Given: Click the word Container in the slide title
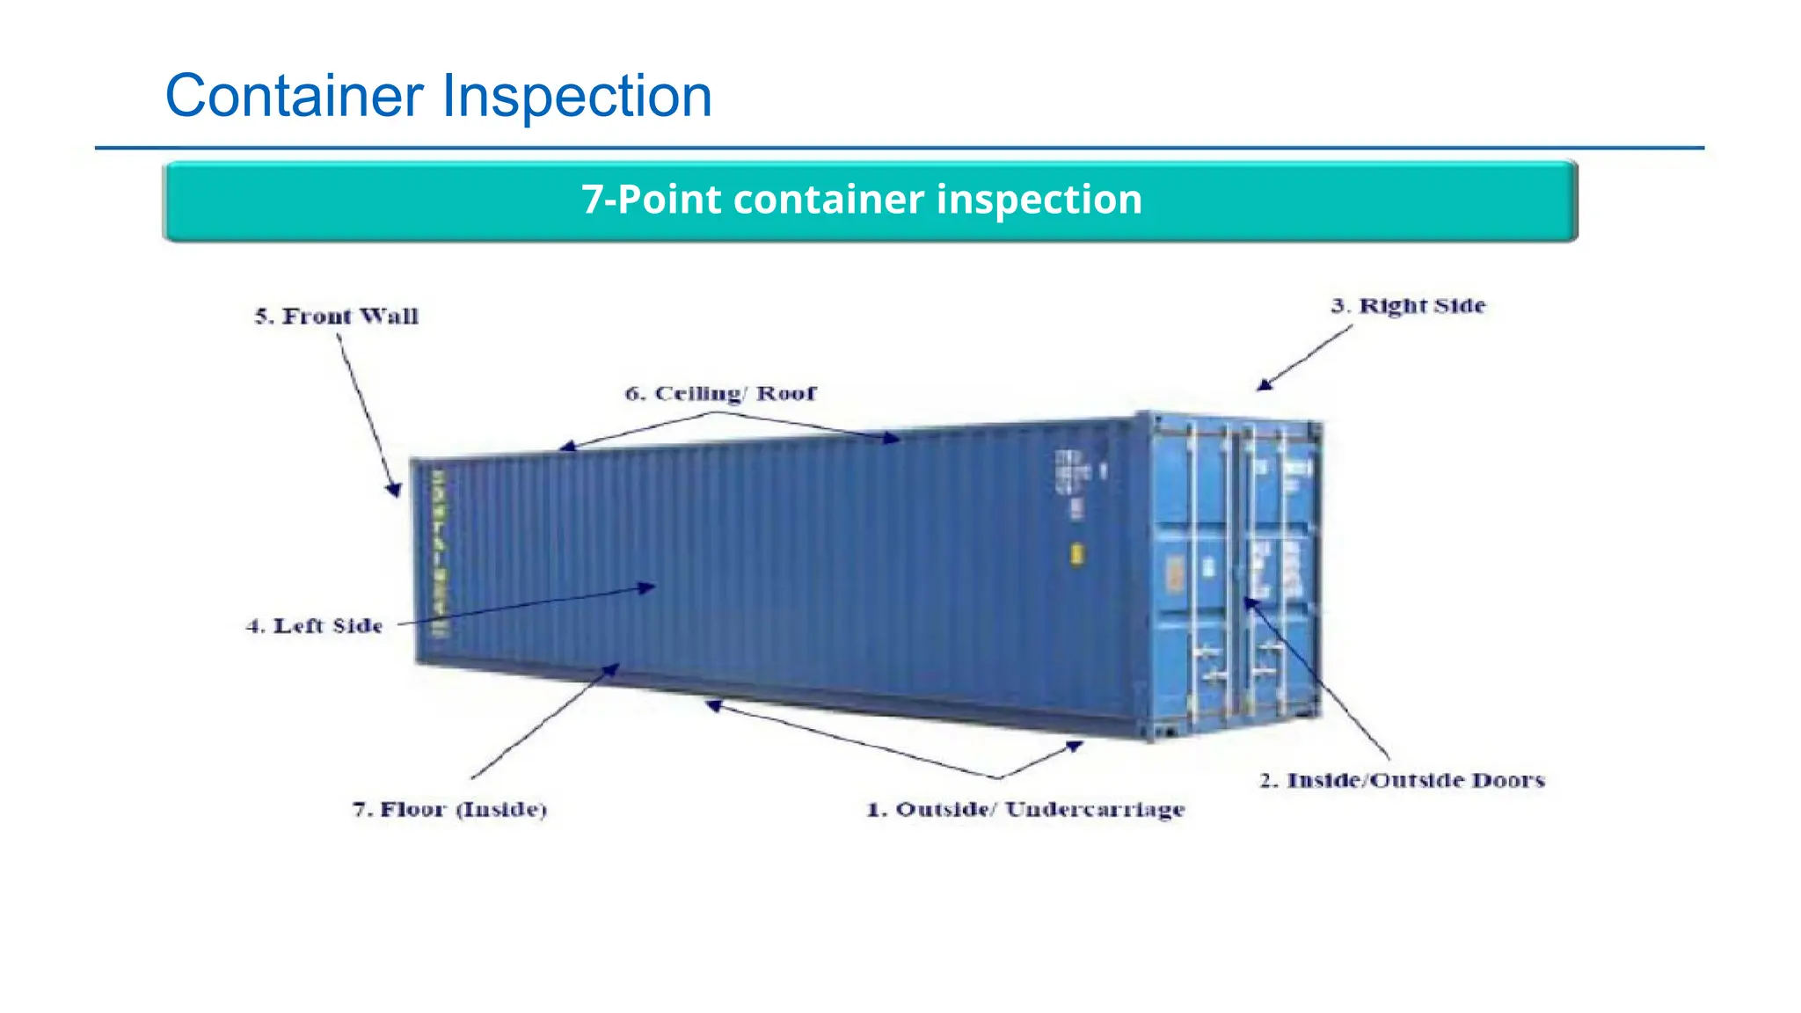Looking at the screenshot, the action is coord(295,96).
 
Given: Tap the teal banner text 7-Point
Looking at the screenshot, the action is coord(652,200).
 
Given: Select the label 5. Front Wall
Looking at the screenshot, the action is coord(337,317).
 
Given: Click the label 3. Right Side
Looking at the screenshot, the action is coord(1408,306).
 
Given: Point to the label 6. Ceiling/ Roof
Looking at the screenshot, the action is coord(720,394).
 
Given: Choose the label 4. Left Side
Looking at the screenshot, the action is coord(315,626).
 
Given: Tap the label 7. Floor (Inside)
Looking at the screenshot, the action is coord(449,810).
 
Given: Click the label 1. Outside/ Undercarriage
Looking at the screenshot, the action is coord(1025,810).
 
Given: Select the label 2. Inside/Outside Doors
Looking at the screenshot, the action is coord(1402,781).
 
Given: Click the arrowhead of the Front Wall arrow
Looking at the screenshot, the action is coord(395,490).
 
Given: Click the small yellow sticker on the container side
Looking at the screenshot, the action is coord(1076,554).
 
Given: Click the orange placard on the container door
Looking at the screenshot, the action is coord(1175,574).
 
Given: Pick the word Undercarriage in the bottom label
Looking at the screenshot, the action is coord(1095,810).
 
